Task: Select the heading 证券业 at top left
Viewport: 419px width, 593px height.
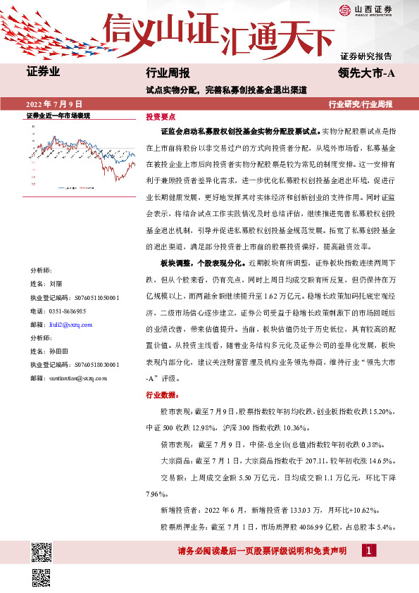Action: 43,72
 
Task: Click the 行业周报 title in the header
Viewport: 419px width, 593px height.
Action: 167,72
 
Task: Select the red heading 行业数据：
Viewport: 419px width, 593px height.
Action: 162,395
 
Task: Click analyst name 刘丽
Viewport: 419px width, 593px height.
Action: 56,283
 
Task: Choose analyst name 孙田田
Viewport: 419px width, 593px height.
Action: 60,351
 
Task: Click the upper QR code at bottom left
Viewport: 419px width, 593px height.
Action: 42,551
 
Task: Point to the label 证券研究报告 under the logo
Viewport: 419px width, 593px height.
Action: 366,55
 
